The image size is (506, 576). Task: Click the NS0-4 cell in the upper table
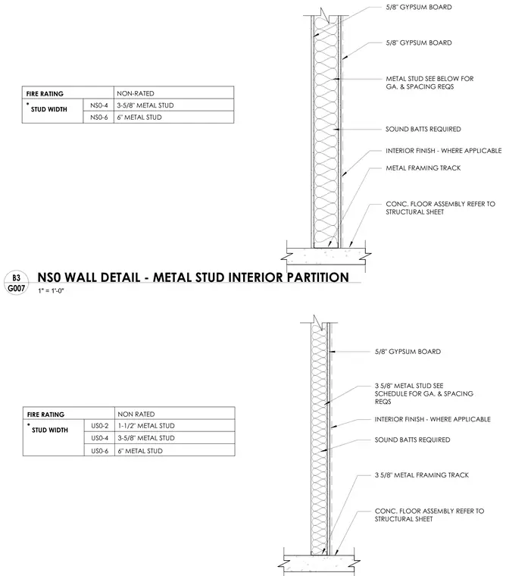pyautogui.click(x=98, y=105)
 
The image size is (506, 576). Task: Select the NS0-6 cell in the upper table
pyautogui.click(x=98, y=117)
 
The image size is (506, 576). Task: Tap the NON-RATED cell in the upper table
pyautogui.click(x=173, y=93)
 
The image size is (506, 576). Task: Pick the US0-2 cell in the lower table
pyautogui.click(x=99, y=426)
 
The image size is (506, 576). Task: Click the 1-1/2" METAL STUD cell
pyautogui.click(x=175, y=426)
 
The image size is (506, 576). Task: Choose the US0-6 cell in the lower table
pyautogui.click(x=99, y=450)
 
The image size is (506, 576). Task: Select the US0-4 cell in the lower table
pyautogui.click(x=99, y=438)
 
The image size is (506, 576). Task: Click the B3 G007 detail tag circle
pyautogui.click(x=16, y=283)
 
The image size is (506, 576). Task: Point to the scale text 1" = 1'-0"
pyautogui.click(x=51, y=291)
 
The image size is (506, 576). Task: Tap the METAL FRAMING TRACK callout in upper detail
pyautogui.click(x=423, y=168)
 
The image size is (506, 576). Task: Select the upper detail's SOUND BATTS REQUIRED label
pyautogui.click(x=423, y=129)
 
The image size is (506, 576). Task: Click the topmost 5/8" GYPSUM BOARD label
pyautogui.click(x=419, y=7)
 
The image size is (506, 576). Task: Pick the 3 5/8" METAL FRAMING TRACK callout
pyautogui.click(x=422, y=475)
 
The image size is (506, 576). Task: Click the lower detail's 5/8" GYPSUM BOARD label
pyautogui.click(x=408, y=352)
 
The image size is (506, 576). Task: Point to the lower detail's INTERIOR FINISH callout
pyautogui.click(x=433, y=419)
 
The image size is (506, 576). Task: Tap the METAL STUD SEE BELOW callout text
pyautogui.click(x=429, y=83)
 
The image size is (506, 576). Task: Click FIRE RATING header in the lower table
pyautogui.click(x=45, y=415)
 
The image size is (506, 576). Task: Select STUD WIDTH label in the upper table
pyautogui.click(x=48, y=109)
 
